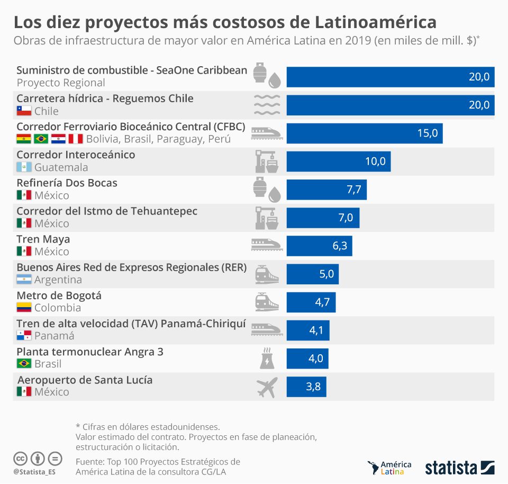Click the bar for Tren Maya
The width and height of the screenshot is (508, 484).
click(x=319, y=246)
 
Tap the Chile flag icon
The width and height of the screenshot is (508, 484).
click(x=24, y=111)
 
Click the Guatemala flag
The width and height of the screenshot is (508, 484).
click(x=24, y=167)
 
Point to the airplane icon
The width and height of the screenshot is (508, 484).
click(x=266, y=388)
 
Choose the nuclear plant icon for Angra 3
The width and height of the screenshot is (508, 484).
click(x=266, y=359)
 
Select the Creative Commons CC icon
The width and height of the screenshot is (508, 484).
click(x=21, y=458)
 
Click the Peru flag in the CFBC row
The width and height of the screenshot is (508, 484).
click(x=76, y=139)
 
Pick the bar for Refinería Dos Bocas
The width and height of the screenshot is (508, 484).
click(x=326, y=190)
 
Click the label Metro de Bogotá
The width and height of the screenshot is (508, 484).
click(x=59, y=295)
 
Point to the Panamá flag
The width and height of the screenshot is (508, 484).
click(x=24, y=336)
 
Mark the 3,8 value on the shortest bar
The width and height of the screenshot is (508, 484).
click(x=313, y=387)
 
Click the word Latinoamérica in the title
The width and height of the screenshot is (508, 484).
click(x=376, y=22)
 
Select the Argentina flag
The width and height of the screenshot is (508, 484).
click(x=24, y=280)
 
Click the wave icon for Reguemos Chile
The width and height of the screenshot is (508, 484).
click(x=267, y=105)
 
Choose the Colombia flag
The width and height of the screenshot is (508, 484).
click(x=24, y=308)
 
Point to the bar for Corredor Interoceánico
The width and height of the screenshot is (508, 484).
click(x=339, y=161)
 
